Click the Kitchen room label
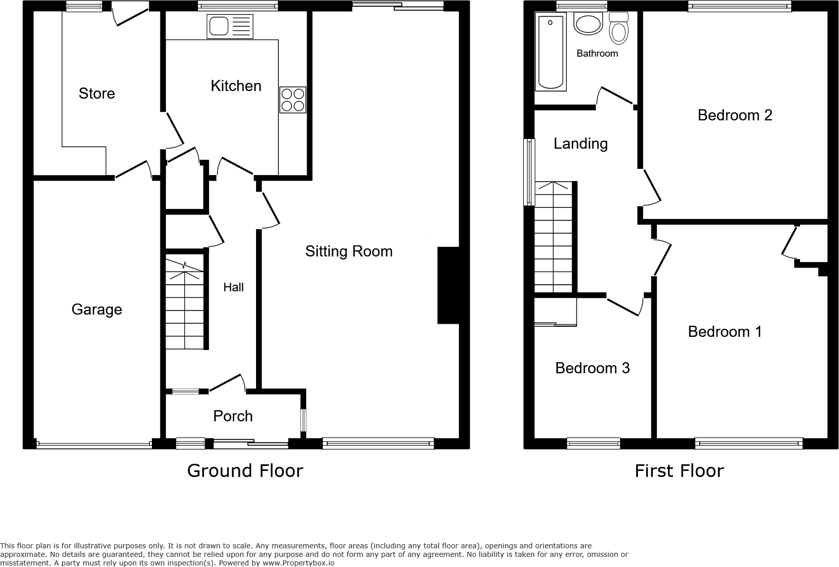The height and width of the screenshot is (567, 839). click(236, 86)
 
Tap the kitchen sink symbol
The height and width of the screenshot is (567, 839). click(229, 26)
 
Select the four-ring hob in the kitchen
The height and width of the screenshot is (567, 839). click(292, 100)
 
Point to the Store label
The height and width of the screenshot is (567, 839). click(97, 94)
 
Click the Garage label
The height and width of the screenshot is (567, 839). click(97, 310)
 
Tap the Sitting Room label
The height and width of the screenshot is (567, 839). click(349, 251)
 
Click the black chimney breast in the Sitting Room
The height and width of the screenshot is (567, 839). click(448, 285)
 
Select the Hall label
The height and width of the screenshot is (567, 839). click(233, 287)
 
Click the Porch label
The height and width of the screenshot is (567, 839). click(233, 416)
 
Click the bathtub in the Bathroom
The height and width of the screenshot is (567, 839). click(551, 53)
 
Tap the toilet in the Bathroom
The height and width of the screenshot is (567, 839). click(618, 28)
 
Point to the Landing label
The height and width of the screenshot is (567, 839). click(580, 144)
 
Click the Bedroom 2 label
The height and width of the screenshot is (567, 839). click(735, 115)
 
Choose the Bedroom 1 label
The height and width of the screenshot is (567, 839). click(725, 332)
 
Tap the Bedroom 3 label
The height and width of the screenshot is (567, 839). click(592, 368)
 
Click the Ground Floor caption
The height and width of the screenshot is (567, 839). click(245, 471)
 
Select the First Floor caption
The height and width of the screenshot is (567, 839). click(679, 471)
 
